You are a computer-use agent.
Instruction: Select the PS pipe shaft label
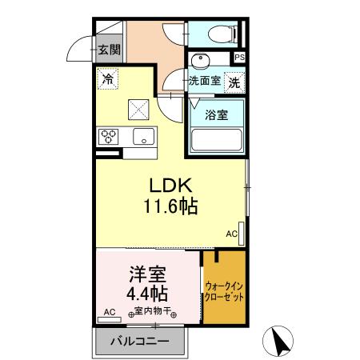239,58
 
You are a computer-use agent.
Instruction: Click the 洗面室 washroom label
204,81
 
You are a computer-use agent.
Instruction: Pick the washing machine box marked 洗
234,81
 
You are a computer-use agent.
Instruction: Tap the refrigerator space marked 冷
106,78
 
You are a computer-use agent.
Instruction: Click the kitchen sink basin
144,136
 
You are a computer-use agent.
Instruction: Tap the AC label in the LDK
231,234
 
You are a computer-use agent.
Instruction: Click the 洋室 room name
149,274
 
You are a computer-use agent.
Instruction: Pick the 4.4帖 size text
149,294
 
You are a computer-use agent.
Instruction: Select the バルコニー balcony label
139,342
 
